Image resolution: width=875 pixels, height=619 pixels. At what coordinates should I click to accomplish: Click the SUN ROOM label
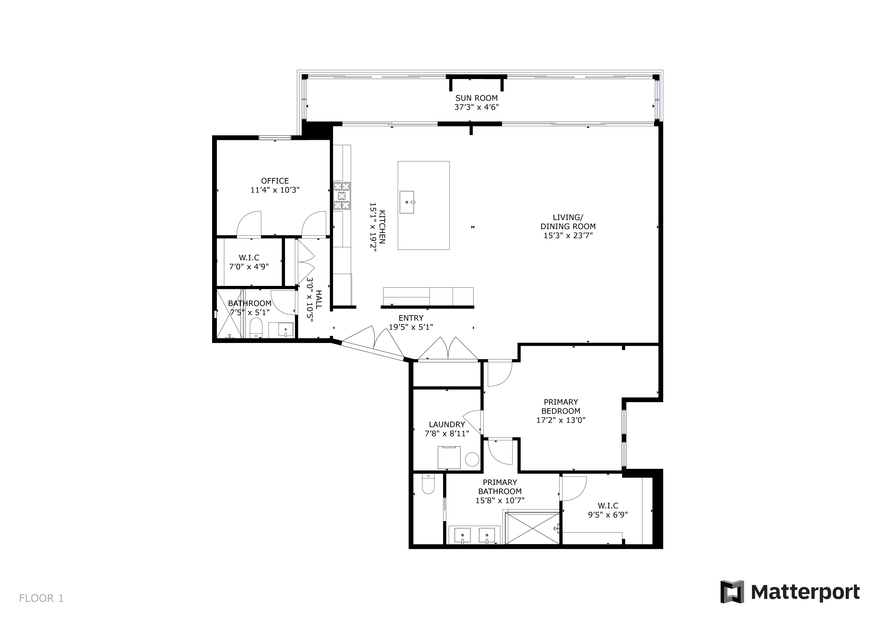coord(476,98)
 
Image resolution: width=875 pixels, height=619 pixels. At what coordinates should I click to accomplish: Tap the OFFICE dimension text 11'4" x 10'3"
coord(275,190)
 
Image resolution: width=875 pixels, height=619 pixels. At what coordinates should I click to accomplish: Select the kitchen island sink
coord(407,202)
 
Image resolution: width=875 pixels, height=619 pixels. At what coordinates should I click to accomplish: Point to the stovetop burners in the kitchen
coord(342,196)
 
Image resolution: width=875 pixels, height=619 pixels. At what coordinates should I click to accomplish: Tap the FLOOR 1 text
coord(41,598)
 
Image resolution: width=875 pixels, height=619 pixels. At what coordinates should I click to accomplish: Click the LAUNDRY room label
coord(447,424)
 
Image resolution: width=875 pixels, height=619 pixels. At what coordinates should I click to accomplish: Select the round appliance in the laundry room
coord(472,459)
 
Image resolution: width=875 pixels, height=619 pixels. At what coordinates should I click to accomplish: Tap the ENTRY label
coord(411,318)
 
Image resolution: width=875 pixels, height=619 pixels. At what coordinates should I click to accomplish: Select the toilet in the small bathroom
coord(256,329)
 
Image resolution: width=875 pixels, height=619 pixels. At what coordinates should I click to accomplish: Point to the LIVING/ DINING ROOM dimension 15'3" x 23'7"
coord(568,235)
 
